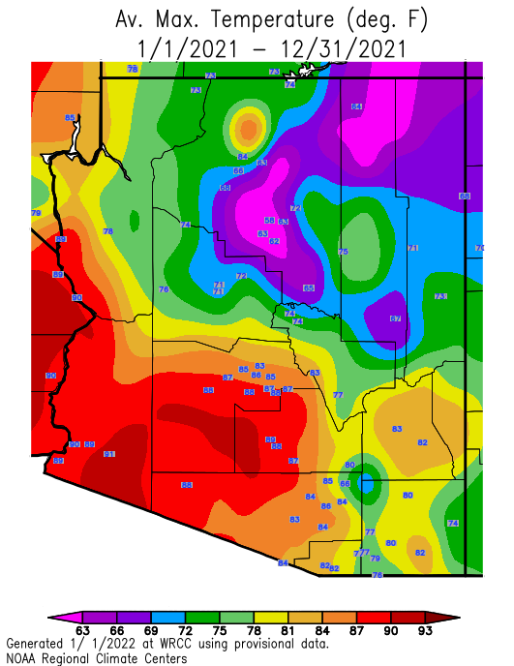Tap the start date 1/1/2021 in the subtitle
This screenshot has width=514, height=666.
[177, 47]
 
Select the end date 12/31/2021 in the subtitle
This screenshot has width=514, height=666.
[334, 47]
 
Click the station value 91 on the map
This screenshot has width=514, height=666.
[109, 454]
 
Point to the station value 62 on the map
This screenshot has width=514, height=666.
[275, 241]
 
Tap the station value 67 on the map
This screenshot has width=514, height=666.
[395, 318]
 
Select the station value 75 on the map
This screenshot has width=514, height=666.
[343, 252]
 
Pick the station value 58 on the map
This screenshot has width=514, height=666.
[269, 221]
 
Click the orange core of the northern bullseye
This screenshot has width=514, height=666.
[249, 127]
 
